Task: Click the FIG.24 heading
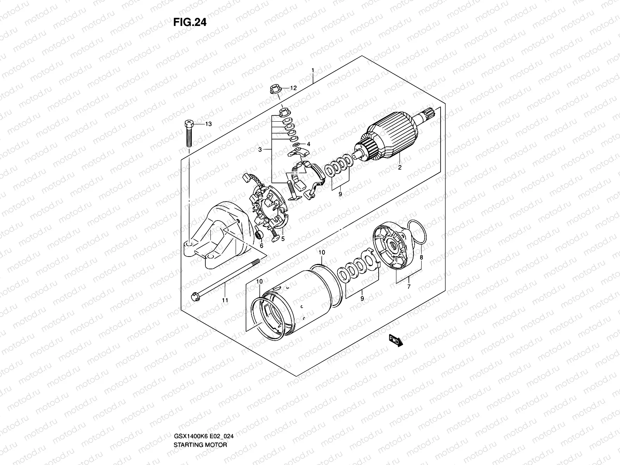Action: (190, 22)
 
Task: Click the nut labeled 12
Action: (274, 89)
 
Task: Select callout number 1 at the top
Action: (312, 71)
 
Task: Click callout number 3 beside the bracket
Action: (260, 150)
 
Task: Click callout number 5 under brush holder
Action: (283, 239)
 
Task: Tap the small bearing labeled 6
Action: (258, 235)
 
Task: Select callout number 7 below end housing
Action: (409, 287)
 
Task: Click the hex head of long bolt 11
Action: (194, 298)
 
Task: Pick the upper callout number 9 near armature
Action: (340, 194)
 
